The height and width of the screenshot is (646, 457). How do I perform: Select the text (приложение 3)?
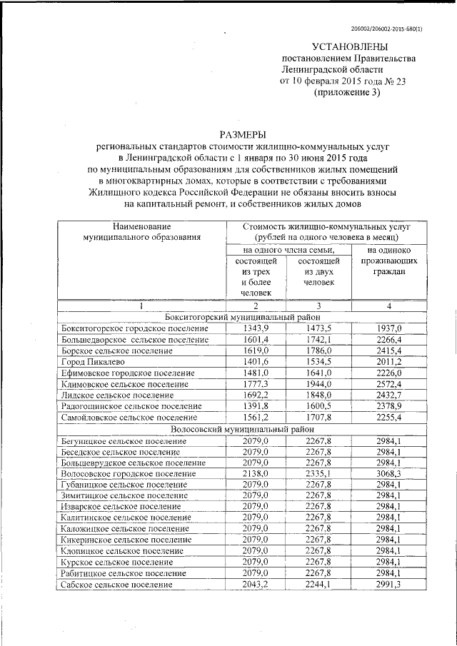point(347,93)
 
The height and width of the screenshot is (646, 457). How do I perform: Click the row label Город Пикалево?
point(91,362)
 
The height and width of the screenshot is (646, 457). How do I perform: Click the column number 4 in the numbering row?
point(389,306)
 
